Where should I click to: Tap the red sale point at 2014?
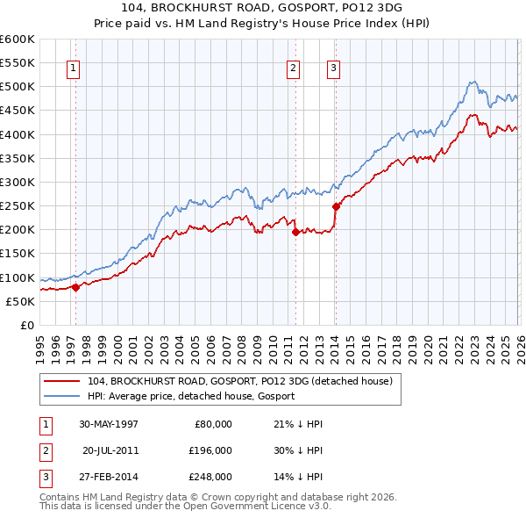point(336,207)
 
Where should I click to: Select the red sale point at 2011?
point(295,232)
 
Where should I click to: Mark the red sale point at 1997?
point(76,286)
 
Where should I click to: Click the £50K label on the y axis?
point(21,301)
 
